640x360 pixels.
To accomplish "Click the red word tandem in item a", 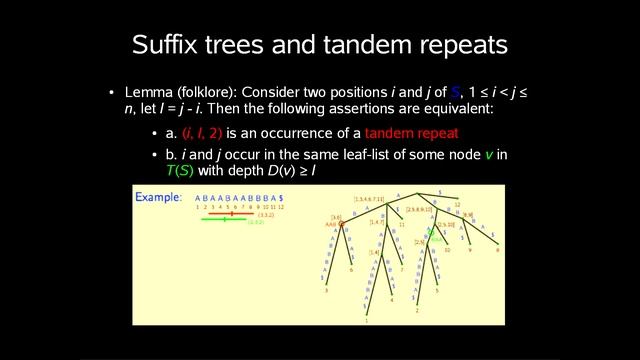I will (x=390, y=133).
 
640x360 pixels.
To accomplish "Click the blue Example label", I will (x=158, y=198).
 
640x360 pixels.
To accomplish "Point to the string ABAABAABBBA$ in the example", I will (x=239, y=198).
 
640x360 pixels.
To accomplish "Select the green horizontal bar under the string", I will (x=226, y=220).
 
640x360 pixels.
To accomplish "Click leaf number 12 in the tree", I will (x=456, y=205).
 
